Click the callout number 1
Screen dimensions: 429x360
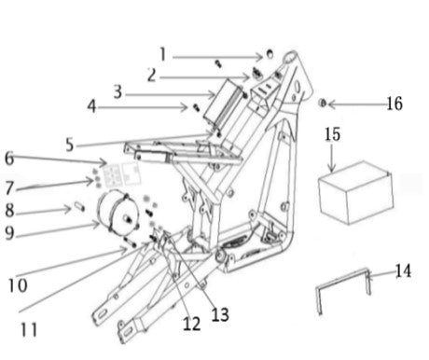pyautogui.click(x=162, y=54)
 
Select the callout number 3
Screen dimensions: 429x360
pyautogui.click(x=118, y=91)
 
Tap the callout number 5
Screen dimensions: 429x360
pyautogui.click(x=70, y=145)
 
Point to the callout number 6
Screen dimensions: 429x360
pyautogui.click(x=9, y=158)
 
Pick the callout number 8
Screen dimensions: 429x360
pyautogui.click(x=9, y=210)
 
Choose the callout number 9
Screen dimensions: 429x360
pyautogui.click(x=9, y=232)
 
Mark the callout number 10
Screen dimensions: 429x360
pyautogui.click(x=18, y=285)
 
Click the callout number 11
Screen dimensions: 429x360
pyautogui.click(x=29, y=329)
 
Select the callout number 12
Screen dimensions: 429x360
pyautogui.click(x=191, y=324)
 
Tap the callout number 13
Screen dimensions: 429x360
pyautogui.click(x=220, y=314)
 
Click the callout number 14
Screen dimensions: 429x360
pyautogui.click(x=403, y=270)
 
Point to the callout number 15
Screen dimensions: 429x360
pyautogui.click(x=332, y=134)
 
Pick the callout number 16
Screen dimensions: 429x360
pyautogui.click(x=394, y=104)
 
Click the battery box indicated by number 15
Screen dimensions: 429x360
pyautogui.click(x=356, y=192)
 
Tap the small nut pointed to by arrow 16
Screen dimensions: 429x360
pyautogui.click(x=323, y=103)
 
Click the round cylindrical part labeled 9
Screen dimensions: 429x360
pyautogui.click(x=118, y=214)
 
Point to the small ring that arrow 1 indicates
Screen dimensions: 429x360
pyautogui.click(x=270, y=54)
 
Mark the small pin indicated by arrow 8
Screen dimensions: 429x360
pyautogui.click(x=79, y=206)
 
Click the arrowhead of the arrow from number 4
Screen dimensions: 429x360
pyautogui.click(x=186, y=107)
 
